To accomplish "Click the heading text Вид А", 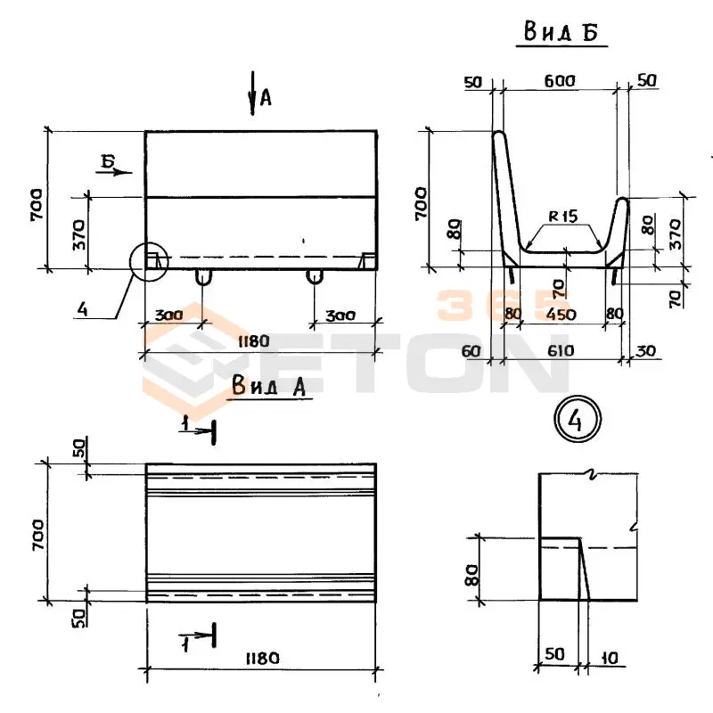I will pyautogui.click(x=268, y=385).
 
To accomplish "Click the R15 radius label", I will pyautogui.click(x=563, y=215).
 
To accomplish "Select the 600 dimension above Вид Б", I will pyautogui.click(x=561, y=81).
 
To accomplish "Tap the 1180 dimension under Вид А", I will pyautogui.click(x=260, y=659).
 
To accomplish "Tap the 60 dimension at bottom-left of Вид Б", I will pyautogui.click(x=471, y=351).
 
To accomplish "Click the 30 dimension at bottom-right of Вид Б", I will pyautogui.click(x=645, y=351).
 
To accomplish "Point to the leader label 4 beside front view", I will pyautogui.click(x=82, y=310).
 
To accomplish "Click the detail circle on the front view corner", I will pyautogui.click(x=149, y=261).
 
